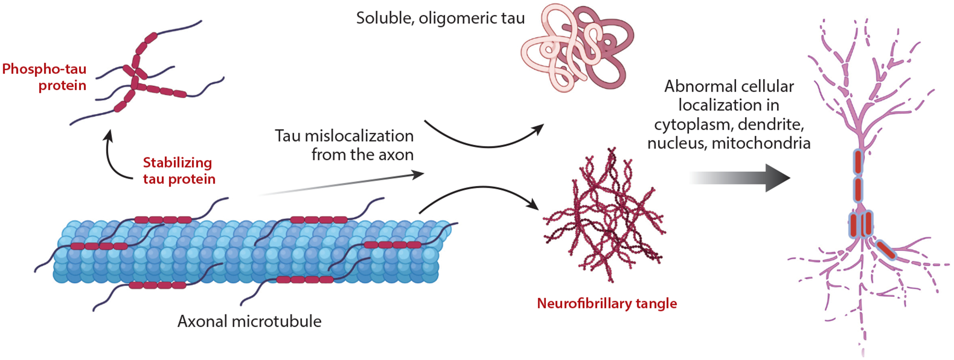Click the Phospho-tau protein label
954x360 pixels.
point(45,77)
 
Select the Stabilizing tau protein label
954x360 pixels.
point(179,171)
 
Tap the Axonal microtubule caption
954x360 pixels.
point(249,321)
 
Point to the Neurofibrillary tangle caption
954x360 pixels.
point(607,303)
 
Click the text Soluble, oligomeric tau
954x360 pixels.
point(440,19)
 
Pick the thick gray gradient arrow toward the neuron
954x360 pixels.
point(742,178)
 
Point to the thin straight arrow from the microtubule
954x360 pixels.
point(344,184)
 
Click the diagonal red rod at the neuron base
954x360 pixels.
point(885,250)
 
